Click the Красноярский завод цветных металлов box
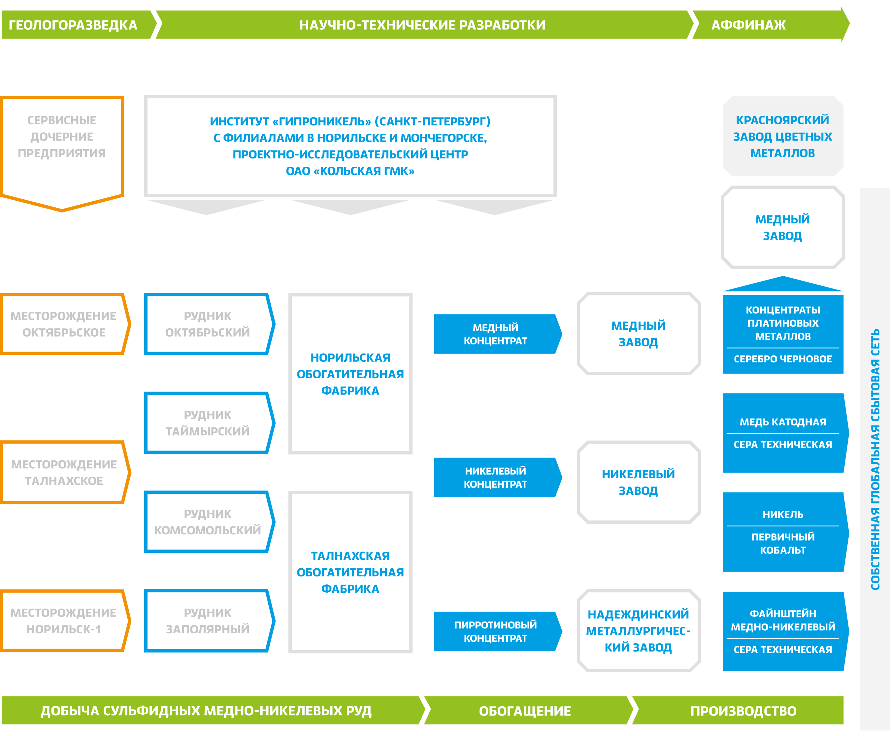point(782,136)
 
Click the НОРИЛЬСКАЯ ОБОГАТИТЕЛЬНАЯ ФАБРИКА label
point(350,374)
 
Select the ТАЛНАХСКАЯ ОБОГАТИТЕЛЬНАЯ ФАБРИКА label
point(350,572)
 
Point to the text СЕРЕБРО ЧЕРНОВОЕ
point(782,359)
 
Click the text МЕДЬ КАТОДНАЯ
point(782,422)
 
